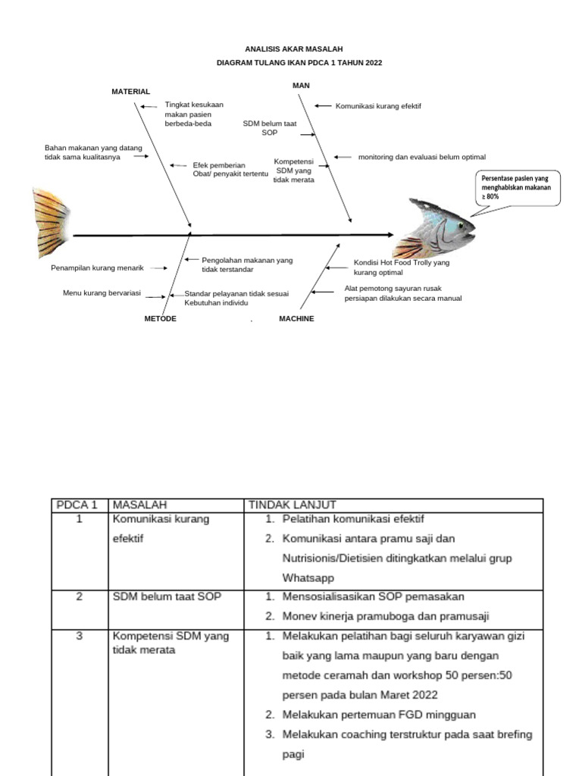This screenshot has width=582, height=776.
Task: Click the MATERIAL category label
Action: (x=130, y=92)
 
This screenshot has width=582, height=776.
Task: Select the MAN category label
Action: (x=301, y=85)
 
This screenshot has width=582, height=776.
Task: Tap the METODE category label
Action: (x=160, y=319)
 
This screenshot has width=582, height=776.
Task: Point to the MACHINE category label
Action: (x=296, y=319)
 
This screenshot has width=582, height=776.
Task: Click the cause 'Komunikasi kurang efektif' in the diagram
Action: (x=378, y=107)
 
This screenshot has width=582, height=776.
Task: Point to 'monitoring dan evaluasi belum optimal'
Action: (x=421, y=157)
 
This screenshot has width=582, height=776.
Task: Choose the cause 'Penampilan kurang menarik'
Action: (x=97, y=268)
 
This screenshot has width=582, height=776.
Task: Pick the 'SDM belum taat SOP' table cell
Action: (x=167, y=596)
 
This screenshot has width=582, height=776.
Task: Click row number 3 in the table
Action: (x=79, y=636)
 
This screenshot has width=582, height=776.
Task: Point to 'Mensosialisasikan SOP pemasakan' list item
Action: (x=373, y=596)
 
